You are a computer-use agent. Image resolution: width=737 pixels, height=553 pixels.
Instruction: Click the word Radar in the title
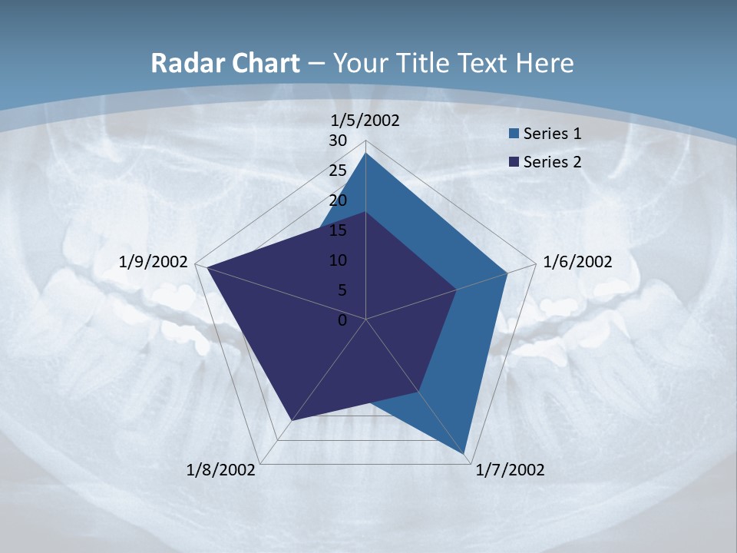[182, 63]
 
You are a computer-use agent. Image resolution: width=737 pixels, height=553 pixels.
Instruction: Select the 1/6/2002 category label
[577, 262]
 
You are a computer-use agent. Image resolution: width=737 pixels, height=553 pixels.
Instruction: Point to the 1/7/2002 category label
[510, 470]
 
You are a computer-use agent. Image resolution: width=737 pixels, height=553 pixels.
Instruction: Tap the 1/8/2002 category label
[221, 470]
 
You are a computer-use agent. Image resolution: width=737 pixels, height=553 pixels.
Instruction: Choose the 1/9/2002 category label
[154, 262]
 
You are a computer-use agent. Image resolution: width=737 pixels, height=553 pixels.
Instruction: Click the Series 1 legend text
[552, 134]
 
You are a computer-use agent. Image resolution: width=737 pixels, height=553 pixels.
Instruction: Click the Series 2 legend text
[552, 162]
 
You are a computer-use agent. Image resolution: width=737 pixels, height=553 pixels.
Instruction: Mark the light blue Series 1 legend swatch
[514, 134]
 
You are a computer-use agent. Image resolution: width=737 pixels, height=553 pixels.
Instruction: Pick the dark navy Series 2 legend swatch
[514, 162]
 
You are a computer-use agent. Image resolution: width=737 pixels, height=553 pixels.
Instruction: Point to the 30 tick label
[338, 141]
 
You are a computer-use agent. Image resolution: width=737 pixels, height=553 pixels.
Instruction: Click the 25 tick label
[338, 171]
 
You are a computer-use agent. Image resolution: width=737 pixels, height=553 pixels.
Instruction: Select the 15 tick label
[338, 230]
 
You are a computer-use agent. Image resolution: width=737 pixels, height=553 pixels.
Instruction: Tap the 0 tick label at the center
[342, 320]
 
